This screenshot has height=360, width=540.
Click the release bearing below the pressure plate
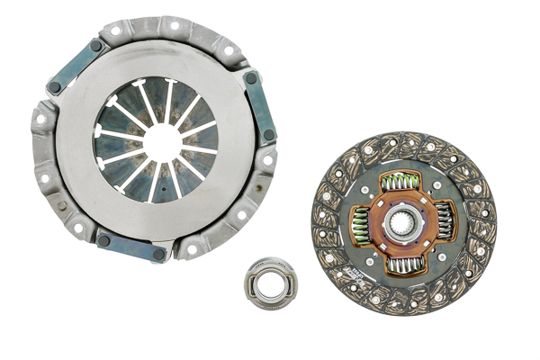[x=271, y=283]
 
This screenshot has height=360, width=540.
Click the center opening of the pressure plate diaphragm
[x=161, y=141]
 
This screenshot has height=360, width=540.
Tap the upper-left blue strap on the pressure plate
[x=76, y=66]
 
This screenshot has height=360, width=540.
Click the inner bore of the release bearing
[x=271, y=283]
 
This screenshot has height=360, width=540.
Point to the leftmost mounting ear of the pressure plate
[x=41, y=116]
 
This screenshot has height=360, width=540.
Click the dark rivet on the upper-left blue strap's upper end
[x=95, y=45]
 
